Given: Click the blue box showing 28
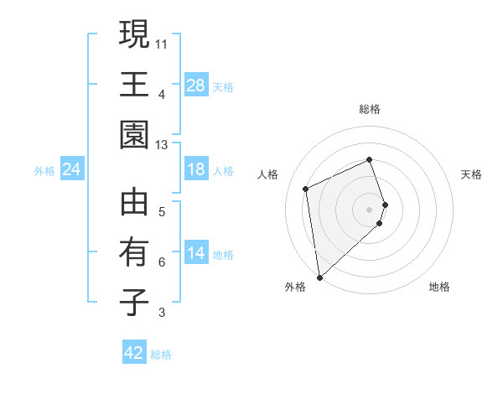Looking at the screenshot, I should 196,86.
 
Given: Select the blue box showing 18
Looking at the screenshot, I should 196,170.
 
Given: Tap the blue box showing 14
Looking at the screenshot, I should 196,254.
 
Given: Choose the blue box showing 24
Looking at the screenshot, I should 72,170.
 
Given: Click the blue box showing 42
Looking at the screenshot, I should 134,353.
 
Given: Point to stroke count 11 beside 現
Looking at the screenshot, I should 162,44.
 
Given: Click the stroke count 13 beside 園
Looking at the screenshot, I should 162,145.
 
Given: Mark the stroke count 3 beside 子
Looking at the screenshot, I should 162,314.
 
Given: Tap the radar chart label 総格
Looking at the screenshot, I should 370,109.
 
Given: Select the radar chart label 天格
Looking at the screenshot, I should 472,174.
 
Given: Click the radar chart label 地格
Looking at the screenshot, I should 439,287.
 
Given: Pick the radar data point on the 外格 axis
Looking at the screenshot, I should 319,277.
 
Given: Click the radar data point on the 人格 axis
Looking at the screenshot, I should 306,188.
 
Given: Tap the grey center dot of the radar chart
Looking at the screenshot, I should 370,208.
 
